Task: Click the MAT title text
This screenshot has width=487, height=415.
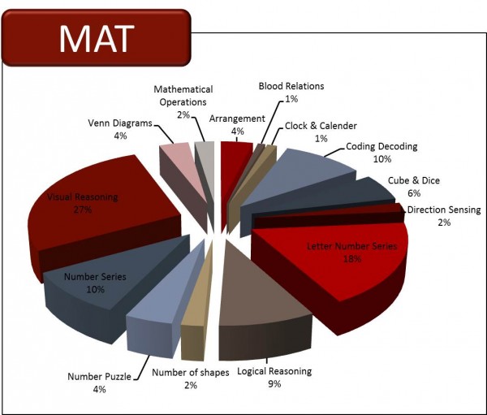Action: pyautogui.click(x=95, y=37)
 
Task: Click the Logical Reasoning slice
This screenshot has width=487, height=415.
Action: pyautogui.click(x=260, y=284)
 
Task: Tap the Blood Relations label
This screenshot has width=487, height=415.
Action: pyautogui.click(x=291, y=85)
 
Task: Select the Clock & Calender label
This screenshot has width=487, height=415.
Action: pyautogui.click(x=321, y=127)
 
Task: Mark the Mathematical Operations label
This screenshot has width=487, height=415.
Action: pyautogui.click(x=183, y=95)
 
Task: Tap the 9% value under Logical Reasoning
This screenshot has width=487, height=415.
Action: pyautogui.click(x=274, y=383)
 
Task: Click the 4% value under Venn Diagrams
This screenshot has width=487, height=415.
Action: pyautogui.click(x=120, y=136)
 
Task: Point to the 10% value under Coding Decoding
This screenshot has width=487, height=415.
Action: pyautogui.click(x=381, y=159)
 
